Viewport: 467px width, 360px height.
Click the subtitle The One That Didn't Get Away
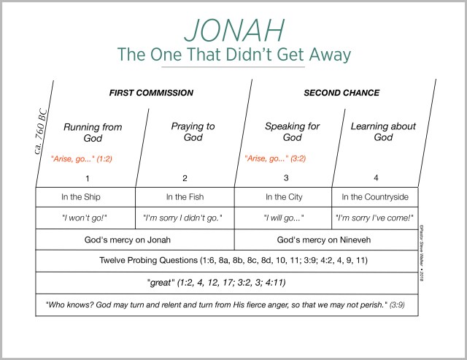click(233, 55)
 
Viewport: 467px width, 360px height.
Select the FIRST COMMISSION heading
click(151, 93)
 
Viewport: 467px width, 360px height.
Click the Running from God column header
click(92, 132)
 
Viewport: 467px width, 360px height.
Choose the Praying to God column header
click(193, 131)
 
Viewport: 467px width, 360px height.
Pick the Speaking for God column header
click(292, 131)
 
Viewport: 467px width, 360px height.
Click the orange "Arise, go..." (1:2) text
click(81, 158)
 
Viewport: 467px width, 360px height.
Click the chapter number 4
click(375, 177)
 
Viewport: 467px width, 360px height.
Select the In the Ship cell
click(85, 197)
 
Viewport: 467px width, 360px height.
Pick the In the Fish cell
click(185, 197)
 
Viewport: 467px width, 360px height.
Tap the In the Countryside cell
click(375, 197)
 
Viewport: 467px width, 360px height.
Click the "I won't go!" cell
click(85, 218)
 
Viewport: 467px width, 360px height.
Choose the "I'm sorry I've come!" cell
click(375, 218)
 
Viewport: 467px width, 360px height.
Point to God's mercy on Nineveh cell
click(325, 240)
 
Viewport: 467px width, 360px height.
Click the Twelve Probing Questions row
click(227, 261)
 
